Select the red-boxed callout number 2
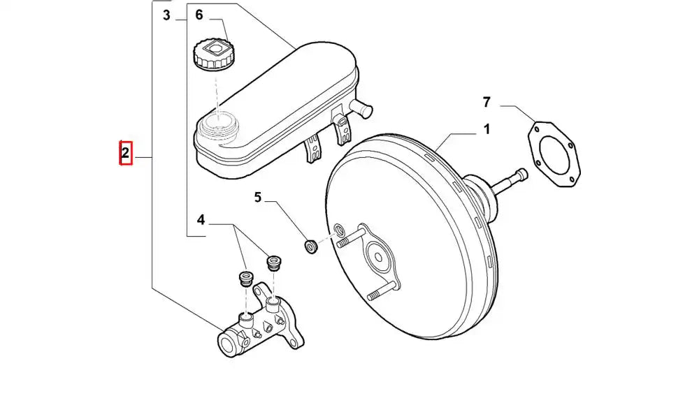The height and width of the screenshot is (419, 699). [x=125, y=153]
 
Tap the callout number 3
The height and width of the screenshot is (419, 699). [x=166, y=15]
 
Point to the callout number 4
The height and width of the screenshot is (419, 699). [x=201, y=221]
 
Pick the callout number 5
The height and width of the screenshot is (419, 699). [x=258, y=198]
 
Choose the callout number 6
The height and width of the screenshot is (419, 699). [x=199, y=15]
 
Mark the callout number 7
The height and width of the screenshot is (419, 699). [x=487, y=102]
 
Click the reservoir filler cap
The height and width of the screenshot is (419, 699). [x=214, y=54]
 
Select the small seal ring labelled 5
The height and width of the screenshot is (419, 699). [x=311, y=247]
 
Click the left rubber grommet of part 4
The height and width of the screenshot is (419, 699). [x=245, y=278]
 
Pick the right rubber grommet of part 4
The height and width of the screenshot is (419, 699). [x=273, y=263]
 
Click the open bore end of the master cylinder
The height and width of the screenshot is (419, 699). [x=228, y=344]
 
